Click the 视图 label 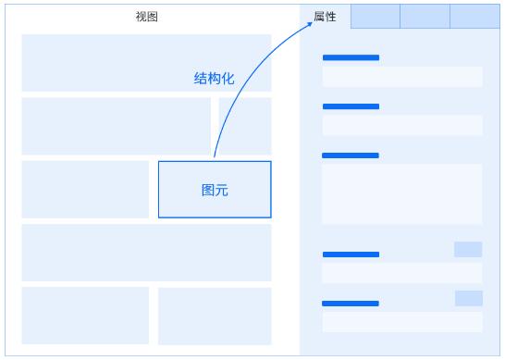coord(146,17)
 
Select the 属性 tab coord(325,17)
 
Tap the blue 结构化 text coord(214,79)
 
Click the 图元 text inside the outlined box coord(215,190)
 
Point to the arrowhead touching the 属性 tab coord(309,24)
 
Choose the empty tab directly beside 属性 coord(376,17)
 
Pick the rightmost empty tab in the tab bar coord(474,17)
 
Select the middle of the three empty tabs coord(425,17)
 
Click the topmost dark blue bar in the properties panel coord(351,57)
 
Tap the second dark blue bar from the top coord(351,106)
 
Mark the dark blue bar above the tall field coord(351,155)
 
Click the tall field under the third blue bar coord(402,193)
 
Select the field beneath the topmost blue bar coord(402,77)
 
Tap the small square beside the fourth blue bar coord(468,250)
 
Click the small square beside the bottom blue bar coord(469,298)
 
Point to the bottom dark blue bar coord(351,304)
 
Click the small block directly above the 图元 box coord(245,126)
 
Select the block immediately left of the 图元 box coord(85,190)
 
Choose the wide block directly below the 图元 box coord(146,253)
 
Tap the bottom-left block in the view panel coord(85,316)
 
